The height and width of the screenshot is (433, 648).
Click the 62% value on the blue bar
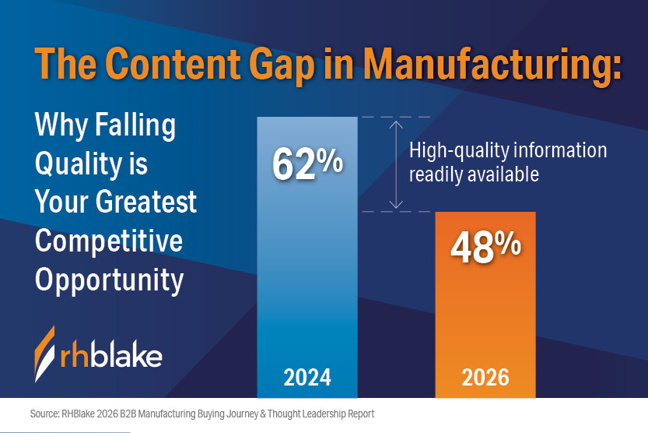tap(307, 164)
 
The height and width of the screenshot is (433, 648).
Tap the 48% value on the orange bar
tap(485, 247)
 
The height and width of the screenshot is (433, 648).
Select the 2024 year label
tap(307, 377)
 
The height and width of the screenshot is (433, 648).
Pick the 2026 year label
tap(485, 377)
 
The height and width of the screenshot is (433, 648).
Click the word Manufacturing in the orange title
tap(492, 64)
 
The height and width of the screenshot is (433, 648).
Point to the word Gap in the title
tap(284, 65)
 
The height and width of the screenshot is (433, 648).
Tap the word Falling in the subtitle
tap(135, 125)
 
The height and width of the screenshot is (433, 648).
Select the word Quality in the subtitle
tap(79, 164)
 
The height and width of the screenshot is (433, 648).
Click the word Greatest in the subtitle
tap(146, 202)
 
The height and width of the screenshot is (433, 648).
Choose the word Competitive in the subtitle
tap(109, 241)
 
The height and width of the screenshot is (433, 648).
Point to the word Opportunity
tap(109, 280)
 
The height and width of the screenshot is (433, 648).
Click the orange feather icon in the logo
tap(44, 354)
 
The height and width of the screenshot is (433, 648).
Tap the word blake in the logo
tap(126, 354)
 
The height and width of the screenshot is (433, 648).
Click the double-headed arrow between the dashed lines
tap(396, 164)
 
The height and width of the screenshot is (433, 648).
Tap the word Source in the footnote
tap(44, 414)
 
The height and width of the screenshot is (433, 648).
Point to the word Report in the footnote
tap(361, 414)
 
